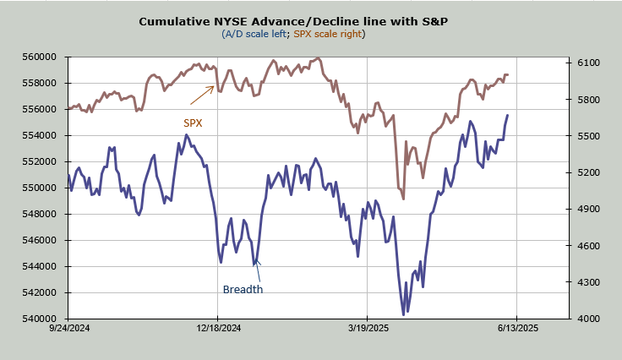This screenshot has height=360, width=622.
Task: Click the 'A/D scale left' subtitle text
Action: click(x=254, y=34)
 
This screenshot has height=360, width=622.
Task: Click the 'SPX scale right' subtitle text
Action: click(x=327, y=34)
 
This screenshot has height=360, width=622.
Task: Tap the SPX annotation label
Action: click(x=194, y=123)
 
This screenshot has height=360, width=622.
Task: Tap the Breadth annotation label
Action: click(x=243, y=289)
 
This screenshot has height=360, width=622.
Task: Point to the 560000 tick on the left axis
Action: click(x=40, y=57)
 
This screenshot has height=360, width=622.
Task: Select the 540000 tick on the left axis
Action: click(x=40, y=319)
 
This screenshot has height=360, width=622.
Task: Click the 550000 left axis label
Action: click(x=40, y=188)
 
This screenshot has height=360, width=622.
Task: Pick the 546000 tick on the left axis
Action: click(x=40, y=240)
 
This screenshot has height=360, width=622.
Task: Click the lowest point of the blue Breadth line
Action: click(x=404, y=314)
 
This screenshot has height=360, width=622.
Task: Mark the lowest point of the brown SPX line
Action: click(x=403, y=199)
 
